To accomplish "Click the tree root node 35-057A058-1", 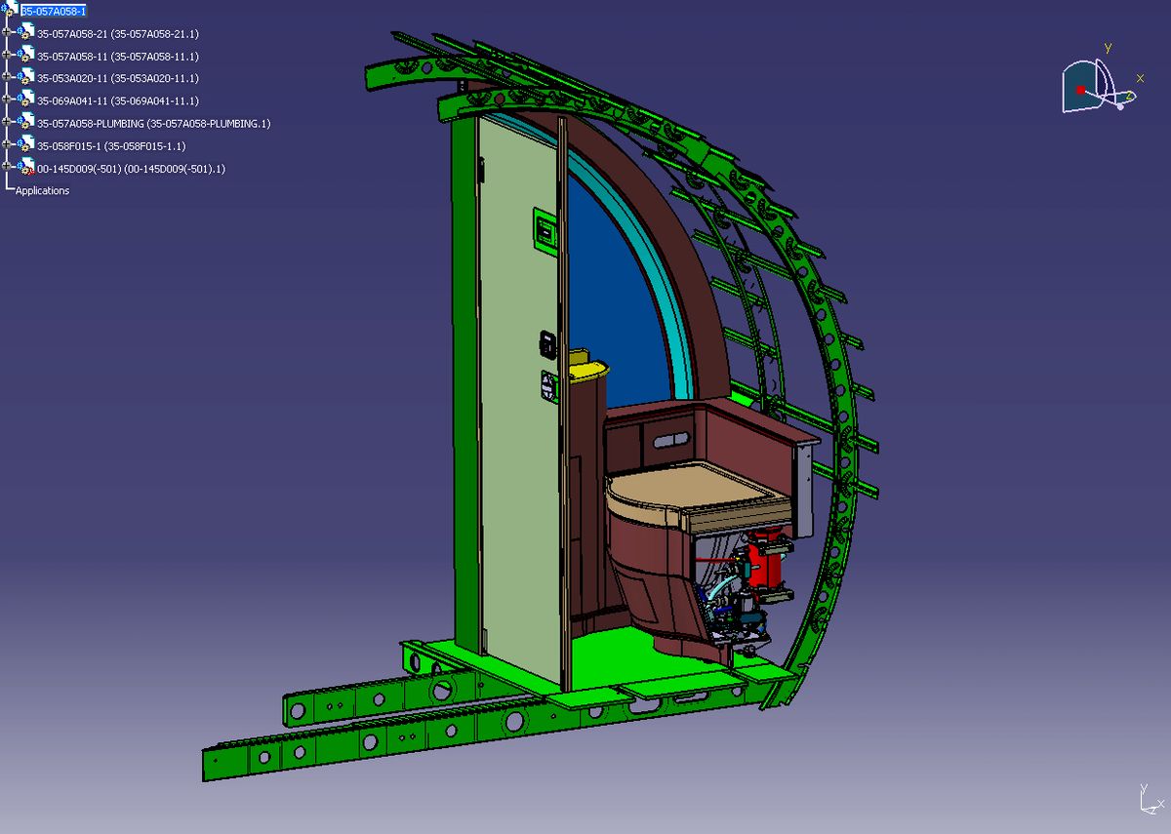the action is coord(54,11).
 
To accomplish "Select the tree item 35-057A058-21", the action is coord(118,34).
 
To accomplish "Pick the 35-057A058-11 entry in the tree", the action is coord(118,57).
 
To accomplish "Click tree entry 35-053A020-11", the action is coord(118,78).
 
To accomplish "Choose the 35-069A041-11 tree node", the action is coord(118,100).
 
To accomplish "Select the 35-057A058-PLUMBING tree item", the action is coord(154,124).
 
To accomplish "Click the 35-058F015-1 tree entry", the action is coord(111,146).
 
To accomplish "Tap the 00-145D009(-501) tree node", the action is coord(131,169).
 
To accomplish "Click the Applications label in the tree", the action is coord(42,191).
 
